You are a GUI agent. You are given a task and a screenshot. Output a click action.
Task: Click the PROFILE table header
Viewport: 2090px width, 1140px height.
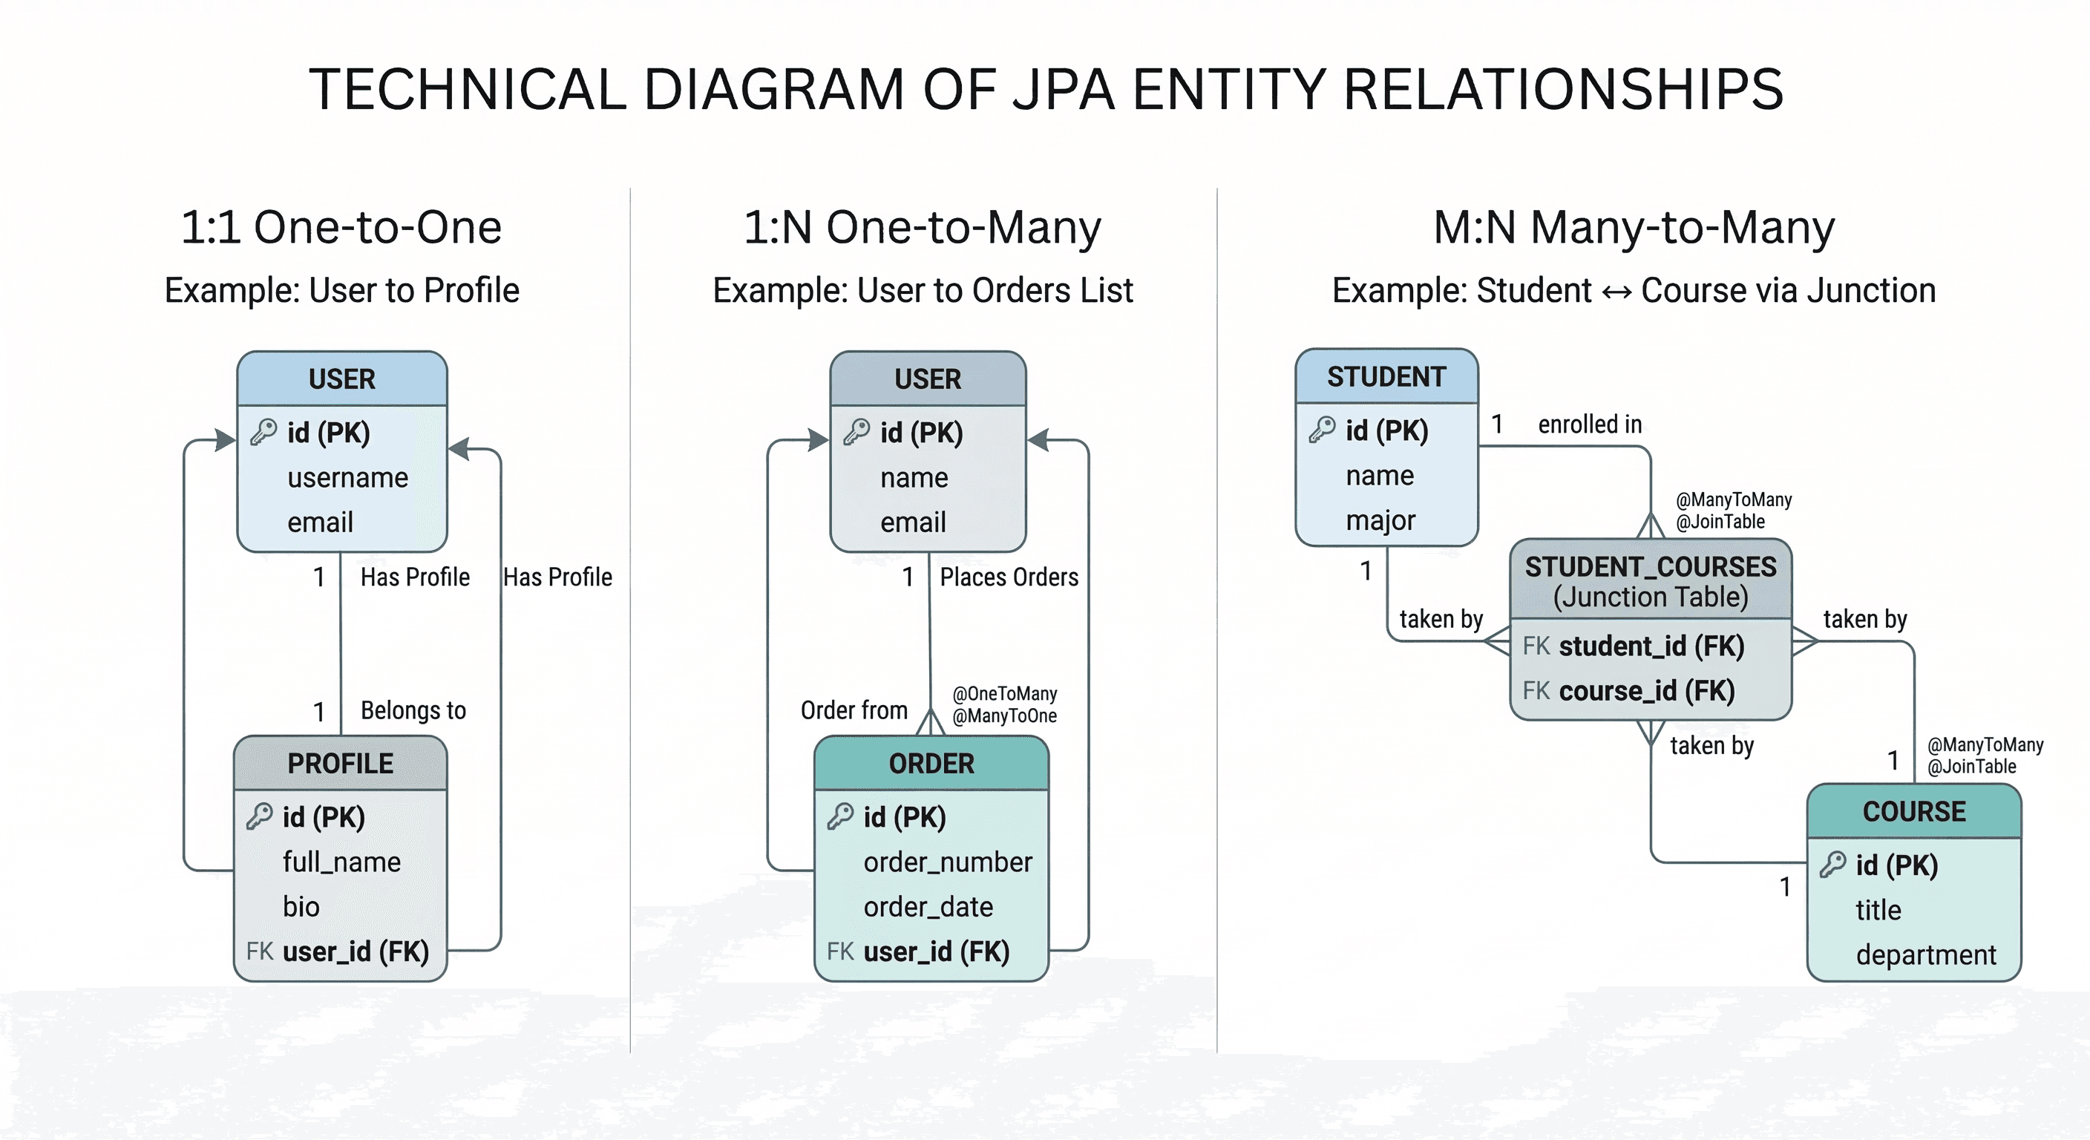340,764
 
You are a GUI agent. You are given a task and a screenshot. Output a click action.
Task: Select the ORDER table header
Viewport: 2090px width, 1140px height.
931,764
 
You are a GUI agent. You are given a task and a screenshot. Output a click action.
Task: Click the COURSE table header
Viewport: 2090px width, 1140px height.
1914,811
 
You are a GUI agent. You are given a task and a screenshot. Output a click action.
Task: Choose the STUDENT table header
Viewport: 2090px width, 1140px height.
1386,376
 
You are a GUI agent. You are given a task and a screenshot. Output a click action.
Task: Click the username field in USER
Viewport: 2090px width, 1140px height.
347,478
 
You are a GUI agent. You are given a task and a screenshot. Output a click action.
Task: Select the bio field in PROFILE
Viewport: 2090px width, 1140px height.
301,906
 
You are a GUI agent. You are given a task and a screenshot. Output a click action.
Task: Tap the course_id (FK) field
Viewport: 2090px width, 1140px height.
1646,690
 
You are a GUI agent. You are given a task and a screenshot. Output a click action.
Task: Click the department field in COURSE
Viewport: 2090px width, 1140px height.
1925,955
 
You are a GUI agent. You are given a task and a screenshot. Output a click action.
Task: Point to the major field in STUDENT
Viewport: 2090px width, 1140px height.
1380,520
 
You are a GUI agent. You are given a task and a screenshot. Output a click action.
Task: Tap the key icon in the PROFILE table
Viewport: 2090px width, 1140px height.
260,816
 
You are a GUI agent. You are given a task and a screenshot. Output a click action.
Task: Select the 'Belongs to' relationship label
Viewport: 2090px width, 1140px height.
413,711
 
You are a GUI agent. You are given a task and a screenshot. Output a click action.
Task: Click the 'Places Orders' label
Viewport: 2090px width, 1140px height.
1009,577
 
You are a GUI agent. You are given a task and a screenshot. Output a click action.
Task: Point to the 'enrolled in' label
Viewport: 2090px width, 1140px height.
1590,425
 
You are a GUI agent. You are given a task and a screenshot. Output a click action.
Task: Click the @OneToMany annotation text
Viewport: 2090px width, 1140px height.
1004,694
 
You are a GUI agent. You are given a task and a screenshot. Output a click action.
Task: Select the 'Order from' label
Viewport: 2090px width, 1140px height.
854,711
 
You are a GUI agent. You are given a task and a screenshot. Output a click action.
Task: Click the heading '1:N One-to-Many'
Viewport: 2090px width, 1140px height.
923,227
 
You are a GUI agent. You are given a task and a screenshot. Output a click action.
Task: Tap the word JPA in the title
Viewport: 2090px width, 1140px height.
1063,89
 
